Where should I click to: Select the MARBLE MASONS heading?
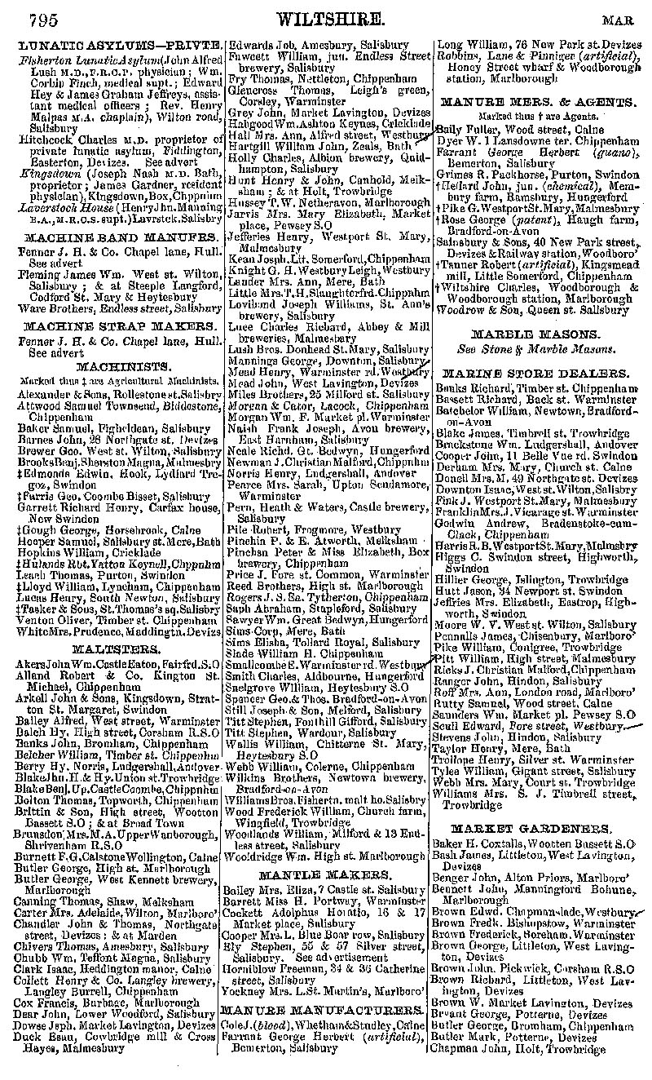[535, 334]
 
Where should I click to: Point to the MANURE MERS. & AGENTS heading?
[535, 103]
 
